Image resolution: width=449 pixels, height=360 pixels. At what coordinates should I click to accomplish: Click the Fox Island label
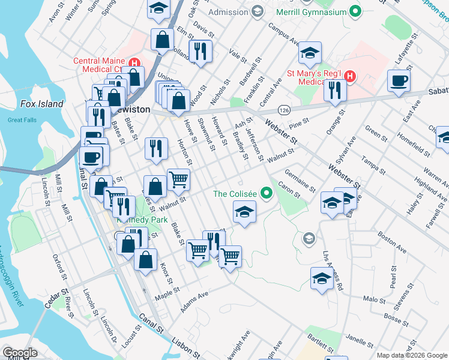41,104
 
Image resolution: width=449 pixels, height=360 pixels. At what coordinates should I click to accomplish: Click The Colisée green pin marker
266,193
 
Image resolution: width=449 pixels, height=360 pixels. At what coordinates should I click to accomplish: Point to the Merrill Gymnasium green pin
355,11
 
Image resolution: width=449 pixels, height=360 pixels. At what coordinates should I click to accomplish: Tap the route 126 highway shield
285,110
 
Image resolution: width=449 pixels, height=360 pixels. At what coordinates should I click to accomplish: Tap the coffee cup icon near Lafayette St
399,80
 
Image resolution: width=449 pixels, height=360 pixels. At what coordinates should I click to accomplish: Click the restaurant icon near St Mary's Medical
335,89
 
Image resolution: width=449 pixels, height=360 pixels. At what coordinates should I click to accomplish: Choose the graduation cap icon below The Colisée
244,212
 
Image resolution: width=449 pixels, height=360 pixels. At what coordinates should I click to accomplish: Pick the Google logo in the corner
20,353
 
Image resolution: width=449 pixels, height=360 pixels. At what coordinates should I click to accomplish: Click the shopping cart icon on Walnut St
178,179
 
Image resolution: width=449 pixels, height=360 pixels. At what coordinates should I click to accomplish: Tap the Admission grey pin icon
257,11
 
